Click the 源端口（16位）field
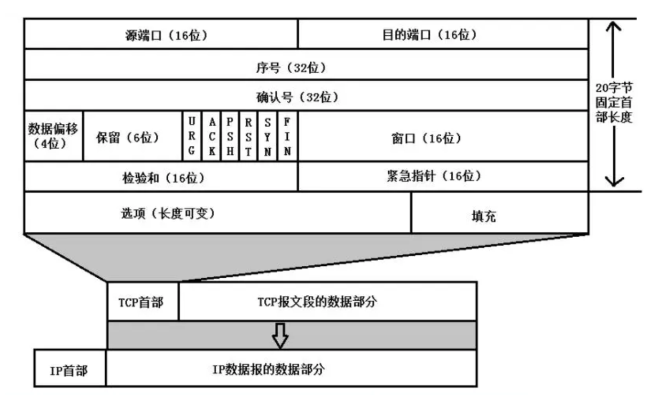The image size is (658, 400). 161,34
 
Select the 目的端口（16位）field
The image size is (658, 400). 443,34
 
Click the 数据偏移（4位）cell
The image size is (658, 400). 53,136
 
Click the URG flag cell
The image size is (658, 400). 192,137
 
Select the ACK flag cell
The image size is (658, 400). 211,137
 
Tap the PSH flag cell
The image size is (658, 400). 230,137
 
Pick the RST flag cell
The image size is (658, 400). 248,137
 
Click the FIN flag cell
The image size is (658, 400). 287,137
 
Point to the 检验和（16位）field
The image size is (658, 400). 161,177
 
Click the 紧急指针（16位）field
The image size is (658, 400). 443,176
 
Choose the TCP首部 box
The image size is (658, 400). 143,301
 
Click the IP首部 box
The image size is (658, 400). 70,368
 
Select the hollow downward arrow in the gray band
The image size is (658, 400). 279,335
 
